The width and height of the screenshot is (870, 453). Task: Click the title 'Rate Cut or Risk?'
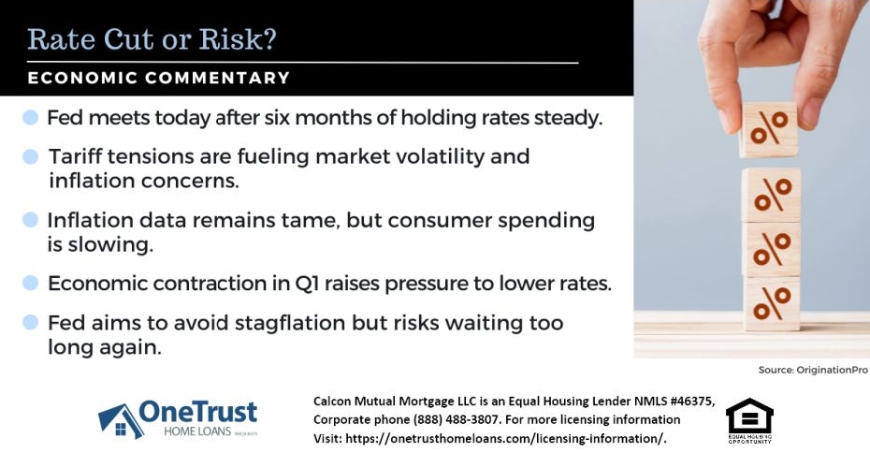[152, 39]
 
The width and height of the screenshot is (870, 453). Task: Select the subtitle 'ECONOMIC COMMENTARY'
[159, 79]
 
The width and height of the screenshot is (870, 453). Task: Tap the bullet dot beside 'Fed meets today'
[30, 118]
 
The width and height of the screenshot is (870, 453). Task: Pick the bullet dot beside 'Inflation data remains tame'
[30, 221]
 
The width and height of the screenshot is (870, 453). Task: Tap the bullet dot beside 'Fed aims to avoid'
[30, 323]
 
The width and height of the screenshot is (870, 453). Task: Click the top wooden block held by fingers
[769, 129]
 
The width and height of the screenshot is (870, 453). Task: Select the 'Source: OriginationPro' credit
[813, 371]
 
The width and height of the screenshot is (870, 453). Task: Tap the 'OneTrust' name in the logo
[197, 411]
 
